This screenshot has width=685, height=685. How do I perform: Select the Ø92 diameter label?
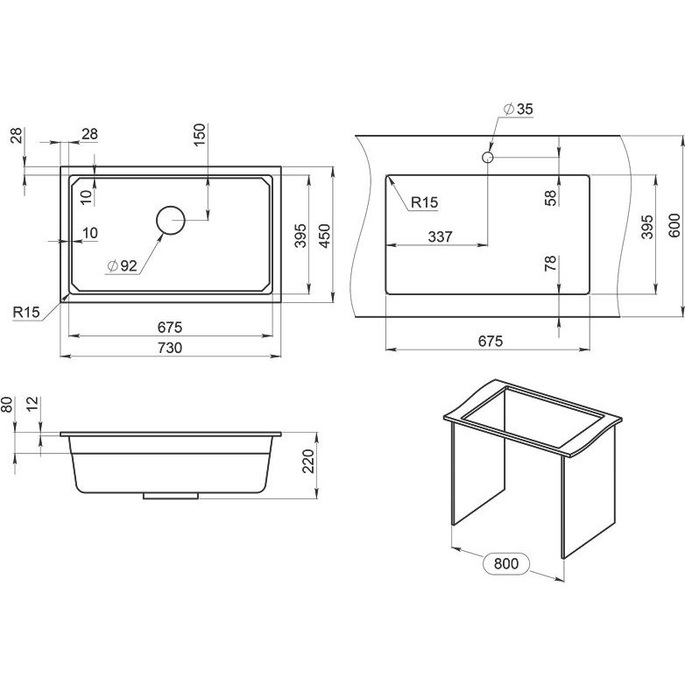coord(123,265)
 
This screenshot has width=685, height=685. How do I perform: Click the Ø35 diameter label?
coord(518,109)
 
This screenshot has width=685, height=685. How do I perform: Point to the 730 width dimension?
coord(170,348)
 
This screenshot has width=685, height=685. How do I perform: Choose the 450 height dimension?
coord(325,236)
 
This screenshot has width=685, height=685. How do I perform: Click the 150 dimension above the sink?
coord(199,135)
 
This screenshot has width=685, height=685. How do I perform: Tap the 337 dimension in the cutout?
coord(440,237)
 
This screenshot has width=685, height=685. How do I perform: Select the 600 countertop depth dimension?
coord(674,225)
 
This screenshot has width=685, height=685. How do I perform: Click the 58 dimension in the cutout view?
coord(551,197)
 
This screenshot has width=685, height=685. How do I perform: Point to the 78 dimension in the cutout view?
coord(550,263)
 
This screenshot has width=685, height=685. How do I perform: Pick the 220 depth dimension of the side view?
coord(308,461)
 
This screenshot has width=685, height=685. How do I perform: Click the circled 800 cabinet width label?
coord(506,563)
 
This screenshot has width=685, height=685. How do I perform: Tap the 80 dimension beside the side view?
coord(7,404)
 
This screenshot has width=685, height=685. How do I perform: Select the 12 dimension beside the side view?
coord(32,404)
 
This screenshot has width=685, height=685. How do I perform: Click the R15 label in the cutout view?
coord(424,202)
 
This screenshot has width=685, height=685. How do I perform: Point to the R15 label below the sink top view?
coord(26,312)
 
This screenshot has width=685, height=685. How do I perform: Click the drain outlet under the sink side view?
coord(171,496)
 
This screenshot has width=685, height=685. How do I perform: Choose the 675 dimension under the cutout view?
coord(491,341)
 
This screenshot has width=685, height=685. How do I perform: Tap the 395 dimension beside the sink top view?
coord(300,236)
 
